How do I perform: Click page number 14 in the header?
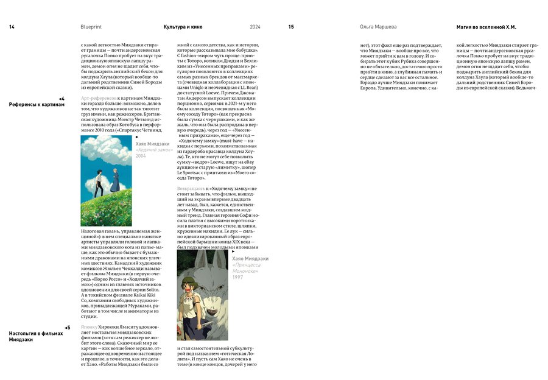click(x=12, y=27)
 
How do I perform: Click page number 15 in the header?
click(x=291, y=27)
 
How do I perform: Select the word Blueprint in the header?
click(x=91, y=27)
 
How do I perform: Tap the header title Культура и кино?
click(x=183, y=27)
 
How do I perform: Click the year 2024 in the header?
click(x=255, y=27)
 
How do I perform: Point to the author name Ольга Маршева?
click(x=378, y=27)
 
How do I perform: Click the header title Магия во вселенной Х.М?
click(x=486, y=27)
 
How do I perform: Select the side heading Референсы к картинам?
click(x=37, y=105)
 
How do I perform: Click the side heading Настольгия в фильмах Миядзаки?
click(x=36, y=337)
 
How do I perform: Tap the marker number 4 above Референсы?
click(x=62, y=98)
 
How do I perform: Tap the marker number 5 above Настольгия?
click(x=68, y=328)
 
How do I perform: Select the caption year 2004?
click(x=141, y=156)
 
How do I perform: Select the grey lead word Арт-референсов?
click(x=99, y=98)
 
